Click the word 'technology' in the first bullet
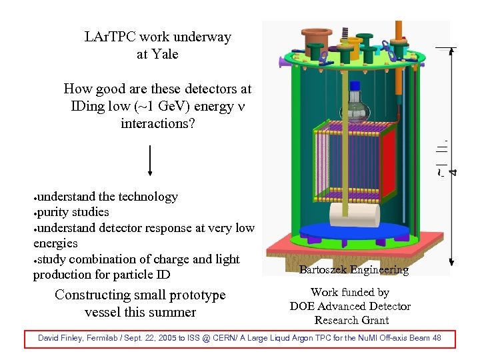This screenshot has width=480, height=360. pos(147,197)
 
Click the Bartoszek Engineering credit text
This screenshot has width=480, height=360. pos(353,269)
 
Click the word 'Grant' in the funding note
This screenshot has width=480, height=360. pos(373,320)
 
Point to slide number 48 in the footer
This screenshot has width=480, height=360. pos(436,338)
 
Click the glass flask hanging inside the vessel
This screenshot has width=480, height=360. pos(355,107)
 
